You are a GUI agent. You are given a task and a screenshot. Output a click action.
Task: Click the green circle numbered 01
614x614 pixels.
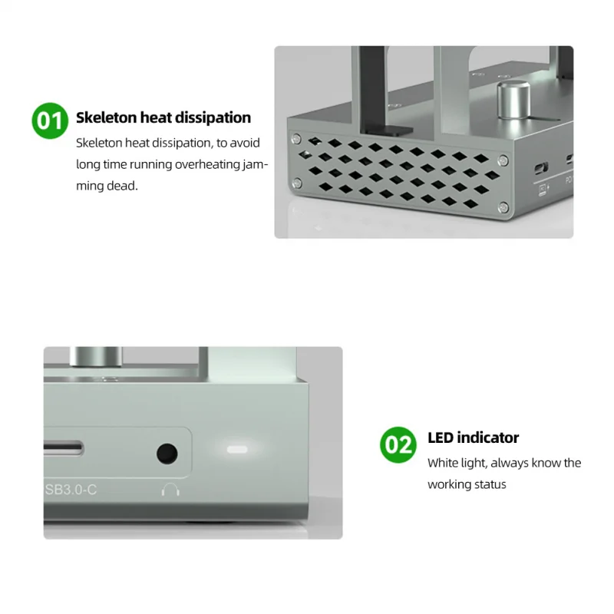coord(50,121)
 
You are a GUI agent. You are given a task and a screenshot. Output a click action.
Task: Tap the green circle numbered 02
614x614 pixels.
coord(398,444)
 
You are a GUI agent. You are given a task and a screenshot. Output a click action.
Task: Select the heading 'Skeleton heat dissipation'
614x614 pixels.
coord(163,117)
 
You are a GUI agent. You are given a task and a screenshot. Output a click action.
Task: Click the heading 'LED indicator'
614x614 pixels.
coord(473,437)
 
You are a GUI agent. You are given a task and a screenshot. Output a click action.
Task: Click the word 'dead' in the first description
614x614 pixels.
coord(124,185)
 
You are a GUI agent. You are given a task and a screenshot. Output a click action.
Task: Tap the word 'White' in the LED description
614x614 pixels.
coord(443,463)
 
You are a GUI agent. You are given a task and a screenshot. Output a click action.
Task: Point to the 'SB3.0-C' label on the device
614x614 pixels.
coord(71,489)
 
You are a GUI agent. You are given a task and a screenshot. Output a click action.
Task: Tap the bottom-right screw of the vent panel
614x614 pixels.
coord(503,205)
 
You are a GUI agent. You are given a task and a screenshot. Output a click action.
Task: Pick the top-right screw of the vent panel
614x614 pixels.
coord(502,160)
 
